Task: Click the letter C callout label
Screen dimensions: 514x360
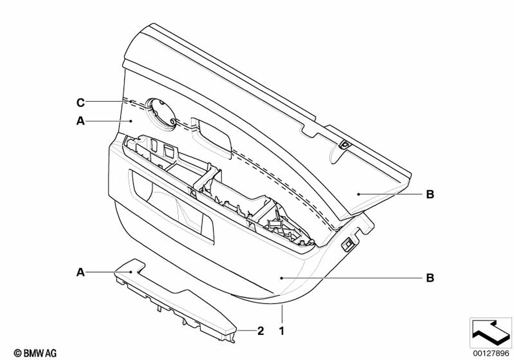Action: pyautogui.click(x=81, y=103)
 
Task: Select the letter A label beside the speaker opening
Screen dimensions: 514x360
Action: pyautogui.click(x=81, y=121)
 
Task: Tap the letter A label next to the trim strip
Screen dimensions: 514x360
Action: pyautogui.click(x=81, y=272)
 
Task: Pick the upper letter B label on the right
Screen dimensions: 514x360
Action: pyautogui.click(x=430, y=194)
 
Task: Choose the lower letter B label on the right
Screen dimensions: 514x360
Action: pyautogui.click(x=430, y=278)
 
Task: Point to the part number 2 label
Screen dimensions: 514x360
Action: pyautogui.click(x=261, y=331)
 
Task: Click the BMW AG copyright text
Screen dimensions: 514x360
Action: pyautogui.click(x=36, y=353)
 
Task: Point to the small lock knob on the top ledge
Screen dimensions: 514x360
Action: pyautogui.click(x=344, y=145)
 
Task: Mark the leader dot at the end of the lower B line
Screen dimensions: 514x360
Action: pyautogui.click(x=282, y=278)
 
